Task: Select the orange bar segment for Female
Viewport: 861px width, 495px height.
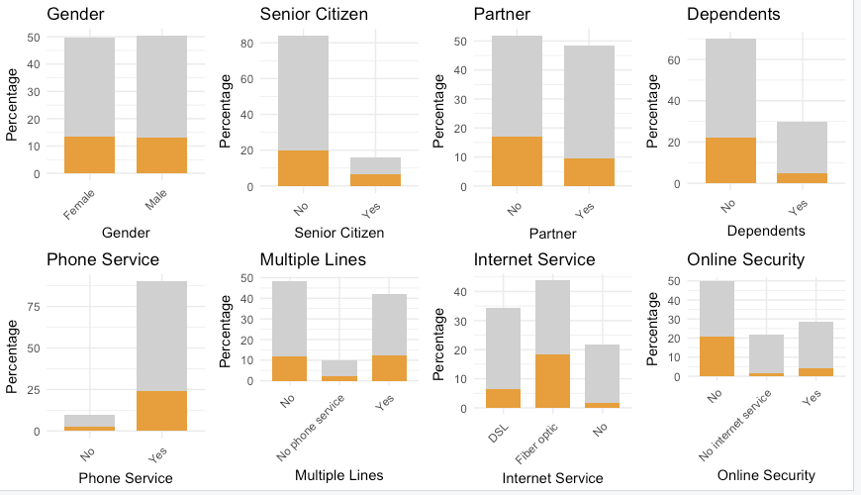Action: coord(90,154)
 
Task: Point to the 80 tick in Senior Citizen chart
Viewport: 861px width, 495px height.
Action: coord(246,44)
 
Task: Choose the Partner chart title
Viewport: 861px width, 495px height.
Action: coord(504,14)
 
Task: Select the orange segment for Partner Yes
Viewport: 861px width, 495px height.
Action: coord(589,172)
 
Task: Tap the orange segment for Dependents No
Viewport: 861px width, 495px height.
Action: coord(730,160)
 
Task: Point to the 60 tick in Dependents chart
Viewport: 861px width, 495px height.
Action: coord(675,60)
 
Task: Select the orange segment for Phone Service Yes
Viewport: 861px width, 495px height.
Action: coord(162,411)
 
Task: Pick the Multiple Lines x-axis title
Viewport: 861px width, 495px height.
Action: coord(339,475)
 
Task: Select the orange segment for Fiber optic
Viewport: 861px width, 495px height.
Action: coord(552,381)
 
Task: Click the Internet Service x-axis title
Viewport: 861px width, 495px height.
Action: coord(552,478)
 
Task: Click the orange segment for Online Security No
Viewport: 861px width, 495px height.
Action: coord(717,356)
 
